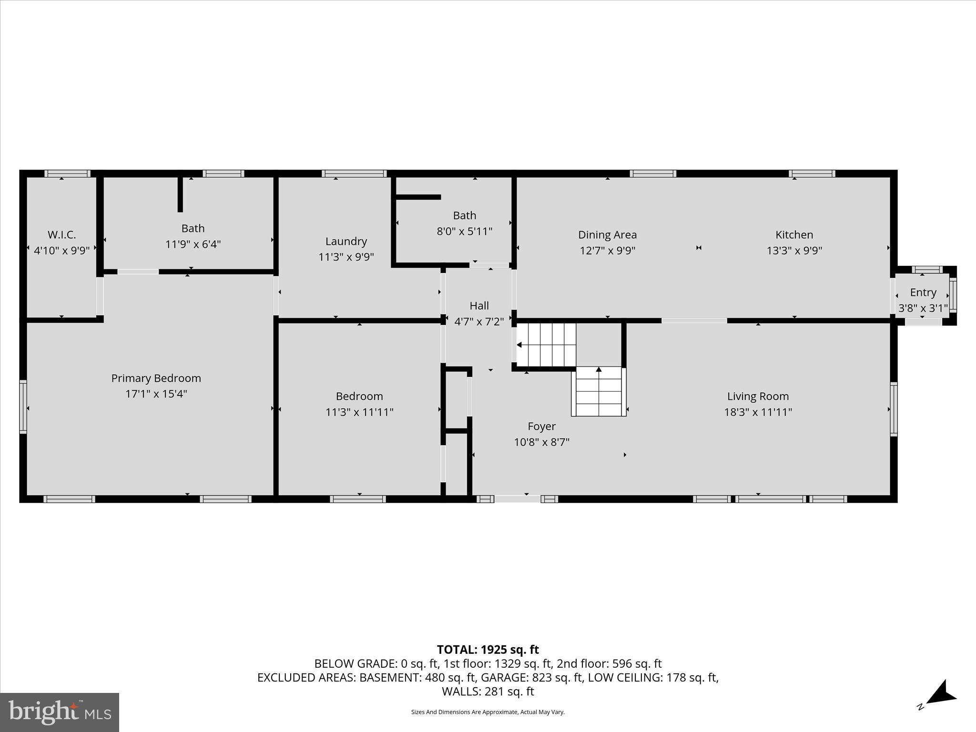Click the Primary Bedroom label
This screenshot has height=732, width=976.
156,378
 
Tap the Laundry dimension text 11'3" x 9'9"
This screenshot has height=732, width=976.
346,257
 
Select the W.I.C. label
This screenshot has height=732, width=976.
61,234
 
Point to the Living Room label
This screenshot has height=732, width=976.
758,396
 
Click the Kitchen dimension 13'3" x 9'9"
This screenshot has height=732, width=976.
794,250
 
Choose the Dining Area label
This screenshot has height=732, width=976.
607,234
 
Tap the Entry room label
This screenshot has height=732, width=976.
923,292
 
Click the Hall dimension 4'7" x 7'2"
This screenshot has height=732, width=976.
478,321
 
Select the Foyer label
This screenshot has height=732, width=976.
541,426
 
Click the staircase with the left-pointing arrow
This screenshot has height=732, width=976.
546,345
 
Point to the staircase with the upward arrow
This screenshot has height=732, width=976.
599,391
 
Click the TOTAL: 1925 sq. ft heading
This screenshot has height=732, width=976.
488,650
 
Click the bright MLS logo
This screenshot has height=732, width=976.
60,712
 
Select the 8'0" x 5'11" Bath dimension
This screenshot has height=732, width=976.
464,231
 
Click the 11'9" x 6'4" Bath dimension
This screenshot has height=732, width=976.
193,244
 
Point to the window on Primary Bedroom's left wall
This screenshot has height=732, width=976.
23,407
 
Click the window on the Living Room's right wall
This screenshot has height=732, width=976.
894,409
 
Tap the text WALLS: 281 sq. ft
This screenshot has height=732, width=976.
488,691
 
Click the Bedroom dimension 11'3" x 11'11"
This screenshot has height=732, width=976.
359,412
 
